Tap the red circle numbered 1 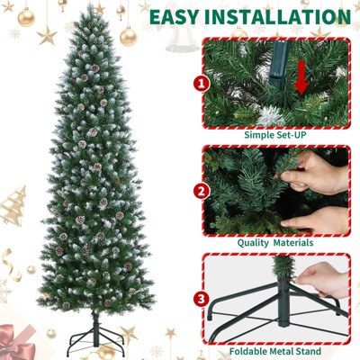click(202, 84)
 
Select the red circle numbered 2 click(202, 192)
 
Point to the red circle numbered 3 click(202, 299)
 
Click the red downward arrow click(301, 77)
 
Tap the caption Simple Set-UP click(275, 135)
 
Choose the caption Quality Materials click(275, 243)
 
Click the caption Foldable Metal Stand click(275, 351)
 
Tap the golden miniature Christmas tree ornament click(13, 206)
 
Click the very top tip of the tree click(90, 5)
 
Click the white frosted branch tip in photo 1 click(272, 116)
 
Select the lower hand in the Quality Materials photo click(315, 221)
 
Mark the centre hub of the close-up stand click(283, 303)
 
